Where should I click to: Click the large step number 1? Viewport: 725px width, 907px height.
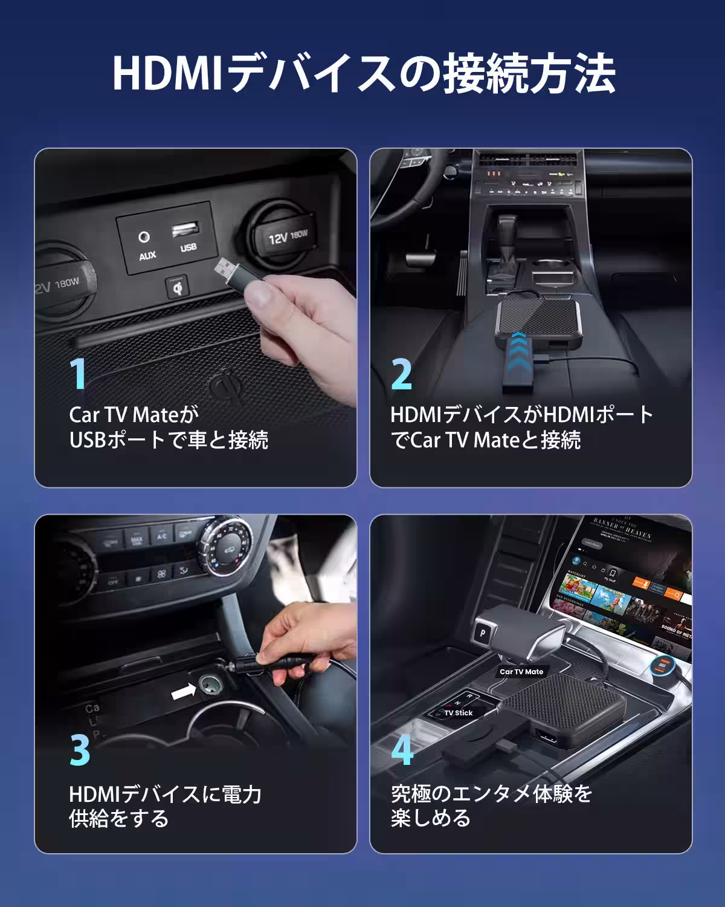79,374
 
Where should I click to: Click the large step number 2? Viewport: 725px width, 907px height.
402,374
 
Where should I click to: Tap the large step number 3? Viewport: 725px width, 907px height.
80,750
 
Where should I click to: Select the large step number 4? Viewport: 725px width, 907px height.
402,750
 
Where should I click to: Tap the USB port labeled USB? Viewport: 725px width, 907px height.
185,230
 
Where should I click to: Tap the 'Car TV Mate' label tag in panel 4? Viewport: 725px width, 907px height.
521,671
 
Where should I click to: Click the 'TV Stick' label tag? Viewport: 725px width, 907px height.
459,713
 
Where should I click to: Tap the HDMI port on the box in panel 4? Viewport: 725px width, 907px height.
547,740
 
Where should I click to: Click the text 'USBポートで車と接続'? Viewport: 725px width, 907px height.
169,440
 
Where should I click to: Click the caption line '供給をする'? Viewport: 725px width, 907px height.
119,818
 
